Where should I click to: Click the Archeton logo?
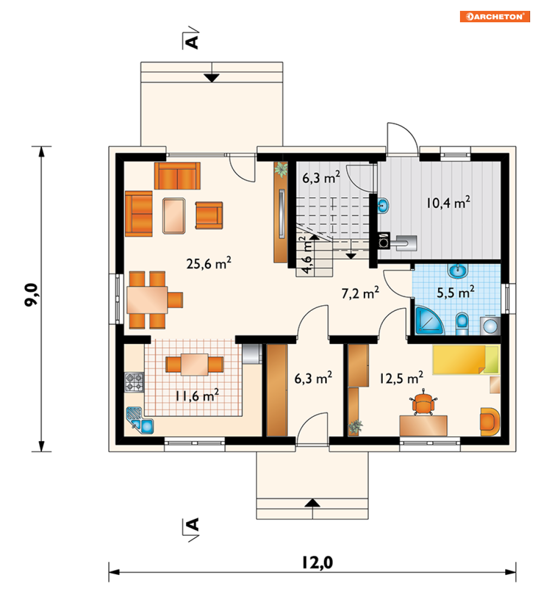(x=495, y=17)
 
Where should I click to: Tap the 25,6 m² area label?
(x=209, y=263)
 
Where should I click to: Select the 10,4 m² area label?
(x=449, y=202)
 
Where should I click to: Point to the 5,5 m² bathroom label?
(x=456, y=292)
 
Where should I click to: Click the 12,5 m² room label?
(x=401, y=378)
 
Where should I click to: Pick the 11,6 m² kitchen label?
(x=197, y=395)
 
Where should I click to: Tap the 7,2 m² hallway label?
(x=360, y=293)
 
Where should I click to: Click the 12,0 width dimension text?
(x=318, y=562)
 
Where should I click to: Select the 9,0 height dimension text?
(x=31, y=294)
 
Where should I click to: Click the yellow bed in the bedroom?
(x=466, y=360)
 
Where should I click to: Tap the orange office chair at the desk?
(x=423, y=403)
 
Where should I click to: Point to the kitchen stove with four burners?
(x=134, y=382)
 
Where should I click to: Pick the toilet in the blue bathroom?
(x=462, y=323)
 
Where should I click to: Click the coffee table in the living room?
(x=174, y=216)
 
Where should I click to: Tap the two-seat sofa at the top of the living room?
(x=177, y=175)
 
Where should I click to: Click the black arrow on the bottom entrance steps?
(x=313, y=503)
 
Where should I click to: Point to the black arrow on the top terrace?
(x=212, y=78)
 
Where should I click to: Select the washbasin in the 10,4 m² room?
(x=383, y=205)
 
